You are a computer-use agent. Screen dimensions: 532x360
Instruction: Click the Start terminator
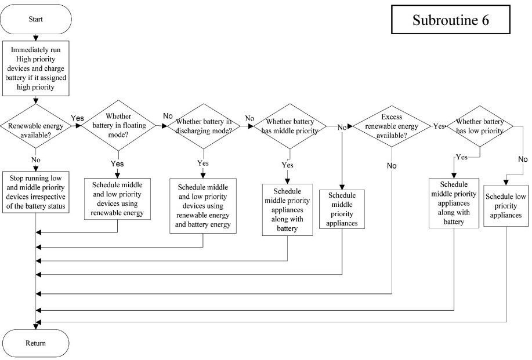point(35,19)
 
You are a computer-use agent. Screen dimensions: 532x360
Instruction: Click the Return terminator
point(35,343)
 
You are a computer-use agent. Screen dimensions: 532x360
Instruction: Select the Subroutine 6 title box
point(451,19)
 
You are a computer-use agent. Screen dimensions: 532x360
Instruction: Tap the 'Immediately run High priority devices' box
point(35,68)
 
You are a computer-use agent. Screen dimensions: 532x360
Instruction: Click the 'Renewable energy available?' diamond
point(35,126)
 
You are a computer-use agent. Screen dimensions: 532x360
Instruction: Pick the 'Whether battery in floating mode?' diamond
point(118,125)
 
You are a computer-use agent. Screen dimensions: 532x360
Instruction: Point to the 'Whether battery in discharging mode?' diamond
point(203,126)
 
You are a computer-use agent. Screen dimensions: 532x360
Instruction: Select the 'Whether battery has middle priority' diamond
point(289,126)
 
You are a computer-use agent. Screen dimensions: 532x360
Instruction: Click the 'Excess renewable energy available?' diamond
point(392,126)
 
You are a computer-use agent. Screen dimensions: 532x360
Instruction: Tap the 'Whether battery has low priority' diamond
point(480,126)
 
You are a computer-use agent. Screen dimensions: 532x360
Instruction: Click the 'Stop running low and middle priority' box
point(35,192)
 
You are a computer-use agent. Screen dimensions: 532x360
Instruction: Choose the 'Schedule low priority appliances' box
point(505,205)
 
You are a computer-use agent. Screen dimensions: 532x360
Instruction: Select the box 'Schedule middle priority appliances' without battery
point(342,209)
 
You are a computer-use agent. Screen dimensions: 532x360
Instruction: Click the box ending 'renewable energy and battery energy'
point(203,206)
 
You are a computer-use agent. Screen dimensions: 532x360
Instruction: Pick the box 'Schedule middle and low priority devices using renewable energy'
point(117,199)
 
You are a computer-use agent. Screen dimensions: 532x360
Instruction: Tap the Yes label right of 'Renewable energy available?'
point(77,118)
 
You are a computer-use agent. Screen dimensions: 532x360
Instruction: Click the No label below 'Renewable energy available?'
point(35,159)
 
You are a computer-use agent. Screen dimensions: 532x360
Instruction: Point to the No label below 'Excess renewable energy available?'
point(392,166)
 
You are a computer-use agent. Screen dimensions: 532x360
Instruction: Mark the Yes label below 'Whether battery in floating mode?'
point(117,163)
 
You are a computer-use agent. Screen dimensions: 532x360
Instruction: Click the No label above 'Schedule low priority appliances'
point(523,159)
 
